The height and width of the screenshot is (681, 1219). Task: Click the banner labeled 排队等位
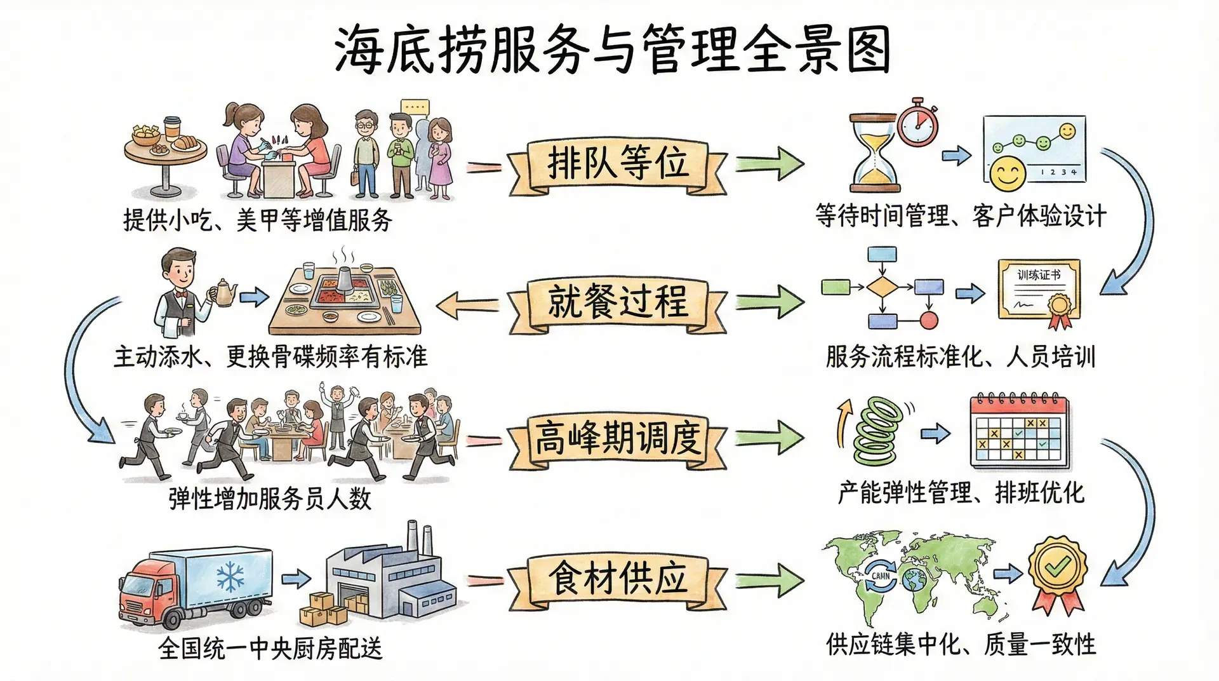(618, 164)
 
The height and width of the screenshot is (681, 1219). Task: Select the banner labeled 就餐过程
(618, 301)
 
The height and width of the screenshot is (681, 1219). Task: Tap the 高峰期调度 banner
(618, 438)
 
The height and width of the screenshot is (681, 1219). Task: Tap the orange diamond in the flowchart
(882, 287)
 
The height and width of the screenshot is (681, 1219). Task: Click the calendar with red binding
(1020, 432)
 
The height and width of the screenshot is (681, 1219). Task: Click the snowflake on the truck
(230, 577)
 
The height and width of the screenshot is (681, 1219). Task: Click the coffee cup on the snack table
(172, 127)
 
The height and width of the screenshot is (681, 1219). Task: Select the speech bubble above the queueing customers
(414, 107)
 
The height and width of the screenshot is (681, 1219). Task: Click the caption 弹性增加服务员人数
(270, 499)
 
